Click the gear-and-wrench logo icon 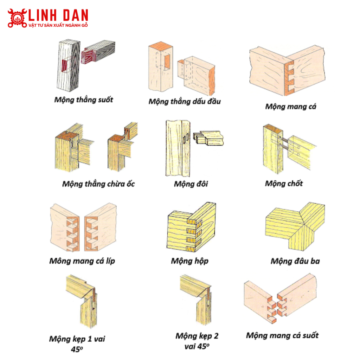pyautogui.click(x=17, y=18)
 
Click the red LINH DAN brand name pyautogui.click(x=58, y=15)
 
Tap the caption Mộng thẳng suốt pyautogui.click(x=84, y=100)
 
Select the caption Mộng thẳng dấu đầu pyautogui.click(x=185, y=102)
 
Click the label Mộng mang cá pyautogui.click(x=291, y=107)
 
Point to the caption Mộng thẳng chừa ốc pyautogui.click(x=98, y=184)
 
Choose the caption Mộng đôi pyautogui.click(x=191, y=184)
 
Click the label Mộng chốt pyautogui.click(x=284, y=184)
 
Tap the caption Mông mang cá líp pyautogui.click(x=82, y=261)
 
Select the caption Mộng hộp pyautogui.click(x=189, y=261)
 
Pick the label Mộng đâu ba pyautogui.click(x=295, y=261)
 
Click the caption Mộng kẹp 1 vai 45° pyautogui.click(x=77, y=344)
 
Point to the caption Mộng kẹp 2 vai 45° pyautogui.click(x=197, y=341)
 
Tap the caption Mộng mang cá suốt pyautogui.click(x=282, y=336)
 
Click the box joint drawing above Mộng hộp pyautogui.click(x=191, y=227)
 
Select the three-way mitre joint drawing pyautogui.click(x=295, y=226)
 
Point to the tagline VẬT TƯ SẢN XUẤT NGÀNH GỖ pyautogui.click(x=58, y=25)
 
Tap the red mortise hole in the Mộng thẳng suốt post pyautogui.click(x=65, y=66)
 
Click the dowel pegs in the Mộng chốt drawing pyautogui.click(x=284, y=143)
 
